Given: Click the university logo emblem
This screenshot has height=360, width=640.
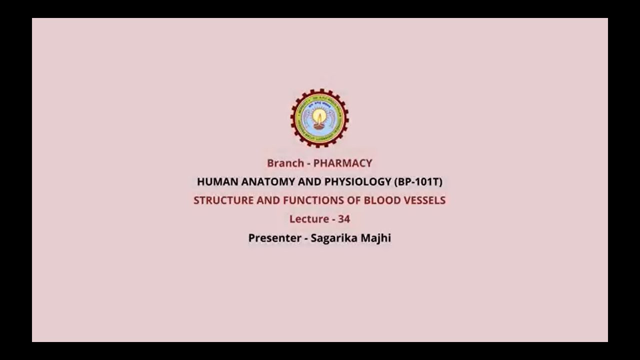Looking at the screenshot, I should point(319,118).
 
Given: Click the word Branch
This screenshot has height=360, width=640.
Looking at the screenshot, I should point(285,163).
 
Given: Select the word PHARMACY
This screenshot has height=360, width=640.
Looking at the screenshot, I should point(342,163).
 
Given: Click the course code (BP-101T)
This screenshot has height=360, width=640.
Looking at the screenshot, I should point(418,181).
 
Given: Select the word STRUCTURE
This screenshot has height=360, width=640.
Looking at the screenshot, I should point(223,200).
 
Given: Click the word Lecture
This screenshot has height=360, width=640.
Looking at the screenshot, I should point(308,219).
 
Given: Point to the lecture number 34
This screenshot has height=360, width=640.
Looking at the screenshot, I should point(343,219).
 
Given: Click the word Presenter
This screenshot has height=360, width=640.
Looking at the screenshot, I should point(273,238).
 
